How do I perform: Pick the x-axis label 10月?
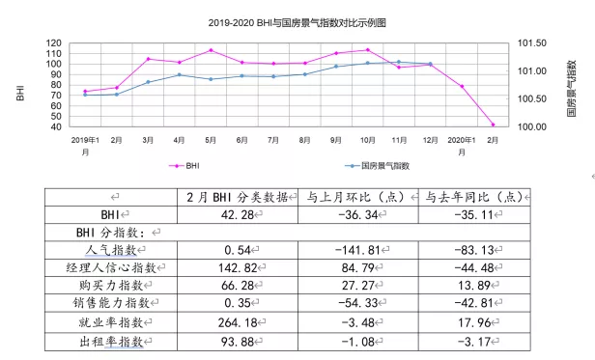click(367, 141)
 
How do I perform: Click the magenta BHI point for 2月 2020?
click(493, 125)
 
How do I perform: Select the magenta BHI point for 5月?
click(211, 50)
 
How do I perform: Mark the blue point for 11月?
click(398, 62)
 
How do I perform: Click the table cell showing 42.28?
click(235, 214)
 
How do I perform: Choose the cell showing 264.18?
click(235, 322)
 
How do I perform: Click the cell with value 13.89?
click(474, 287)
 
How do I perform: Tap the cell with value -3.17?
click(474, 341)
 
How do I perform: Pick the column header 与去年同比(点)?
click(474, 196)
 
